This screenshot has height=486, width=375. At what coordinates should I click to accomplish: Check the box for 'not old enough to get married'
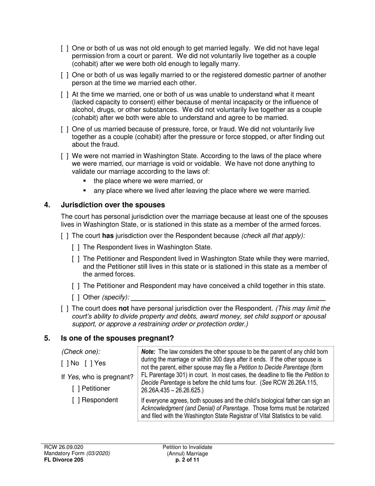click(x=65, y=49)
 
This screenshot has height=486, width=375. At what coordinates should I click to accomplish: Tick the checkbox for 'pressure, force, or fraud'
click(x=65, y=129)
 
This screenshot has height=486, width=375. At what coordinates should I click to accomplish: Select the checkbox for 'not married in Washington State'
click(x=65, y=156)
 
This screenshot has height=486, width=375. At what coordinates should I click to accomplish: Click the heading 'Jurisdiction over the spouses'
click(x=112, y=205)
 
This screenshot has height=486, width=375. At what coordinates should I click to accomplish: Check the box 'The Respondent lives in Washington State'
click(x=76, y=247)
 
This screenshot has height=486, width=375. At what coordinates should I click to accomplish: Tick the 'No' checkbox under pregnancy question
click(x=65, y=363)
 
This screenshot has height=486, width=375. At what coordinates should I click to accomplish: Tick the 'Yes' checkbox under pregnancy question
click(x=88, y=363)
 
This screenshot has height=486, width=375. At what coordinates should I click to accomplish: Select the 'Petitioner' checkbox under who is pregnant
click(x=76, y=388)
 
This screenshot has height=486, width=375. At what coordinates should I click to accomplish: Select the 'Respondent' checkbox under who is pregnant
click(x=76, y=400)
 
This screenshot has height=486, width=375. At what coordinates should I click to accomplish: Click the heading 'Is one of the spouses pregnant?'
click(x=117, y=338)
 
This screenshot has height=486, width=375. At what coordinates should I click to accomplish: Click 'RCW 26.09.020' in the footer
click(x=64, y=447)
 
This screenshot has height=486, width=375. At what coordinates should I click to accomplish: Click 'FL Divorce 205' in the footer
click(x=64, y=460)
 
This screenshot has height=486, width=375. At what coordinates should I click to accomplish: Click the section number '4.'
click(x=47, y=205)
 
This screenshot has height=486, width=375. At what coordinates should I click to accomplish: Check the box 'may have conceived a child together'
click(x=76, y=286)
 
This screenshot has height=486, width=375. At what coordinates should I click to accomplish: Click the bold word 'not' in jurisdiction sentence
click(x=124, y=308)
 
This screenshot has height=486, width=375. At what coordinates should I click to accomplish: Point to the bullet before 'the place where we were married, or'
click(x=84, y=181)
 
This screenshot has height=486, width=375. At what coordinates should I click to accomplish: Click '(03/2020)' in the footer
click(x=98, y=453)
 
